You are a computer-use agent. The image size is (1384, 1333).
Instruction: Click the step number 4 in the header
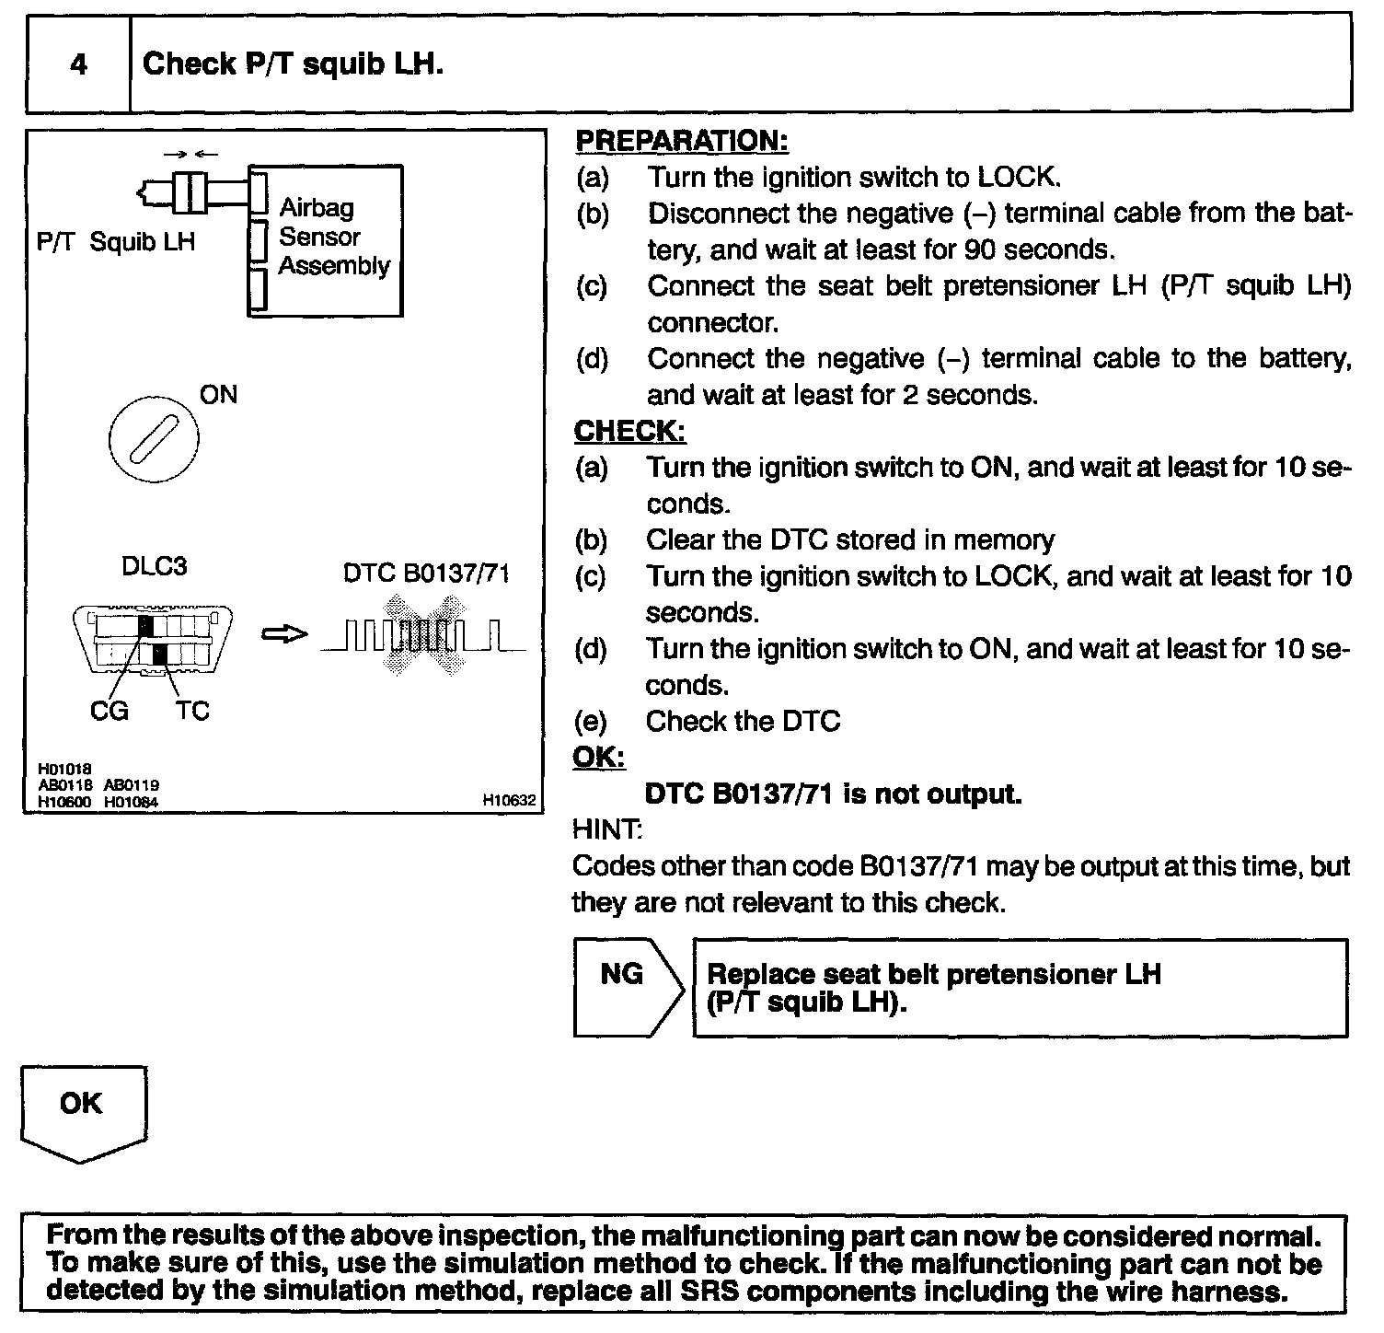[x=79, y=64]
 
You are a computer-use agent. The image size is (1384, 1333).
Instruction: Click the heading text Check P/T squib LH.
[x=293, y=64]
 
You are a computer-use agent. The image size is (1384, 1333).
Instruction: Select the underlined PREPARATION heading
[x=681, y=141]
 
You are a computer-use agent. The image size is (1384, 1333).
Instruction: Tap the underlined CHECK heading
[x=629, y=431]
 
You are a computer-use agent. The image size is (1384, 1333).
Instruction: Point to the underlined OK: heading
[x=598, y=757]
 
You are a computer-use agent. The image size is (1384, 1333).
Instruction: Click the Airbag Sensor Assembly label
[x=333, y=238]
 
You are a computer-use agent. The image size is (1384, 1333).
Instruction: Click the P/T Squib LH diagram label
[x=116, y=242]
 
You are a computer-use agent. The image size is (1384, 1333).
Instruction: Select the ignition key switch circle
[x=153, y=441]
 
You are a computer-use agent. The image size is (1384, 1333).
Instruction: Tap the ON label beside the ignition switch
[x=218, y=395]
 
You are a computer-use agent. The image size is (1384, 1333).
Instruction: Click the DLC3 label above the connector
[x=154, y=566]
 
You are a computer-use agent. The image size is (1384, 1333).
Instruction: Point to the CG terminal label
[x=110, y=711]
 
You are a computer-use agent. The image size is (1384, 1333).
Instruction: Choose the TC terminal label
[x=192, y=711]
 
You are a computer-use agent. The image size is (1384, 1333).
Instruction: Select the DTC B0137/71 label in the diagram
[x=426, y=574]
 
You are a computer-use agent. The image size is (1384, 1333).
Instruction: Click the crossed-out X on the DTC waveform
[x=425, y=635]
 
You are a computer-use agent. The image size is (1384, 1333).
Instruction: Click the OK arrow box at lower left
[x=83, y=1110]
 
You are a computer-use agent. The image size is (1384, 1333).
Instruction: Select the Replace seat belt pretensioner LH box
[x=1020, y=988]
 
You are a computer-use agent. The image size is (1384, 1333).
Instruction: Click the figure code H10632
[x=509, y=801]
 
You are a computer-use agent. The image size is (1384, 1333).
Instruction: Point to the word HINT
[x=606, y=829]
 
